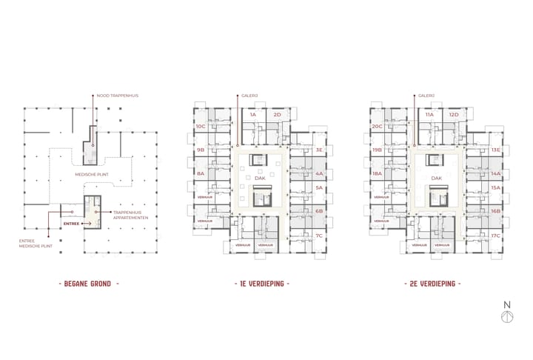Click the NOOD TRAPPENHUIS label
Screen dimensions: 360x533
118,96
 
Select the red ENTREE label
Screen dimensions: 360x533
72,223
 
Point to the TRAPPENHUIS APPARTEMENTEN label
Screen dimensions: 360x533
131,216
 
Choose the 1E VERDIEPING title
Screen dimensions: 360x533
259,284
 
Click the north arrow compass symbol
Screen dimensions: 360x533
507,313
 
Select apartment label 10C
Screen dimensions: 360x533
201,127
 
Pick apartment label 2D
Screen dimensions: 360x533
277,115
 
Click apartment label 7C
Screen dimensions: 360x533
319,236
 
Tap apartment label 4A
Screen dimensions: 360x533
319,174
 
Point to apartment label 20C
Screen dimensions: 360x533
377,127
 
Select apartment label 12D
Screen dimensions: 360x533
453,115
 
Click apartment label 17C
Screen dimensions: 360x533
495,236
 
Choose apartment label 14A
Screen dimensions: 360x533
495,174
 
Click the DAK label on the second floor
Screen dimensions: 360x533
436,179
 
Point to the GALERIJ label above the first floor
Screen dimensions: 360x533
249,96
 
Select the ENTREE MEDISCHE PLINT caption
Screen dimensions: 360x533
34,244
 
